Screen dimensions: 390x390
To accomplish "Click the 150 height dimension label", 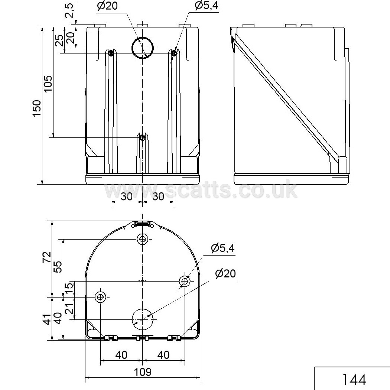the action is tap(37, 108).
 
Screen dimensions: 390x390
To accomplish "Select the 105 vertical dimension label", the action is tap(48, 83).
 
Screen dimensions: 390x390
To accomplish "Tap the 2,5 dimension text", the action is tap(69, 10).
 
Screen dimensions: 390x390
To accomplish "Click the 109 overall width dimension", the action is tap(143, 372).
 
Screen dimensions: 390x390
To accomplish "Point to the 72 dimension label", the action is tap(47, 257).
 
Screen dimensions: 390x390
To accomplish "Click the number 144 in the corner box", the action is tap(354, 380).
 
